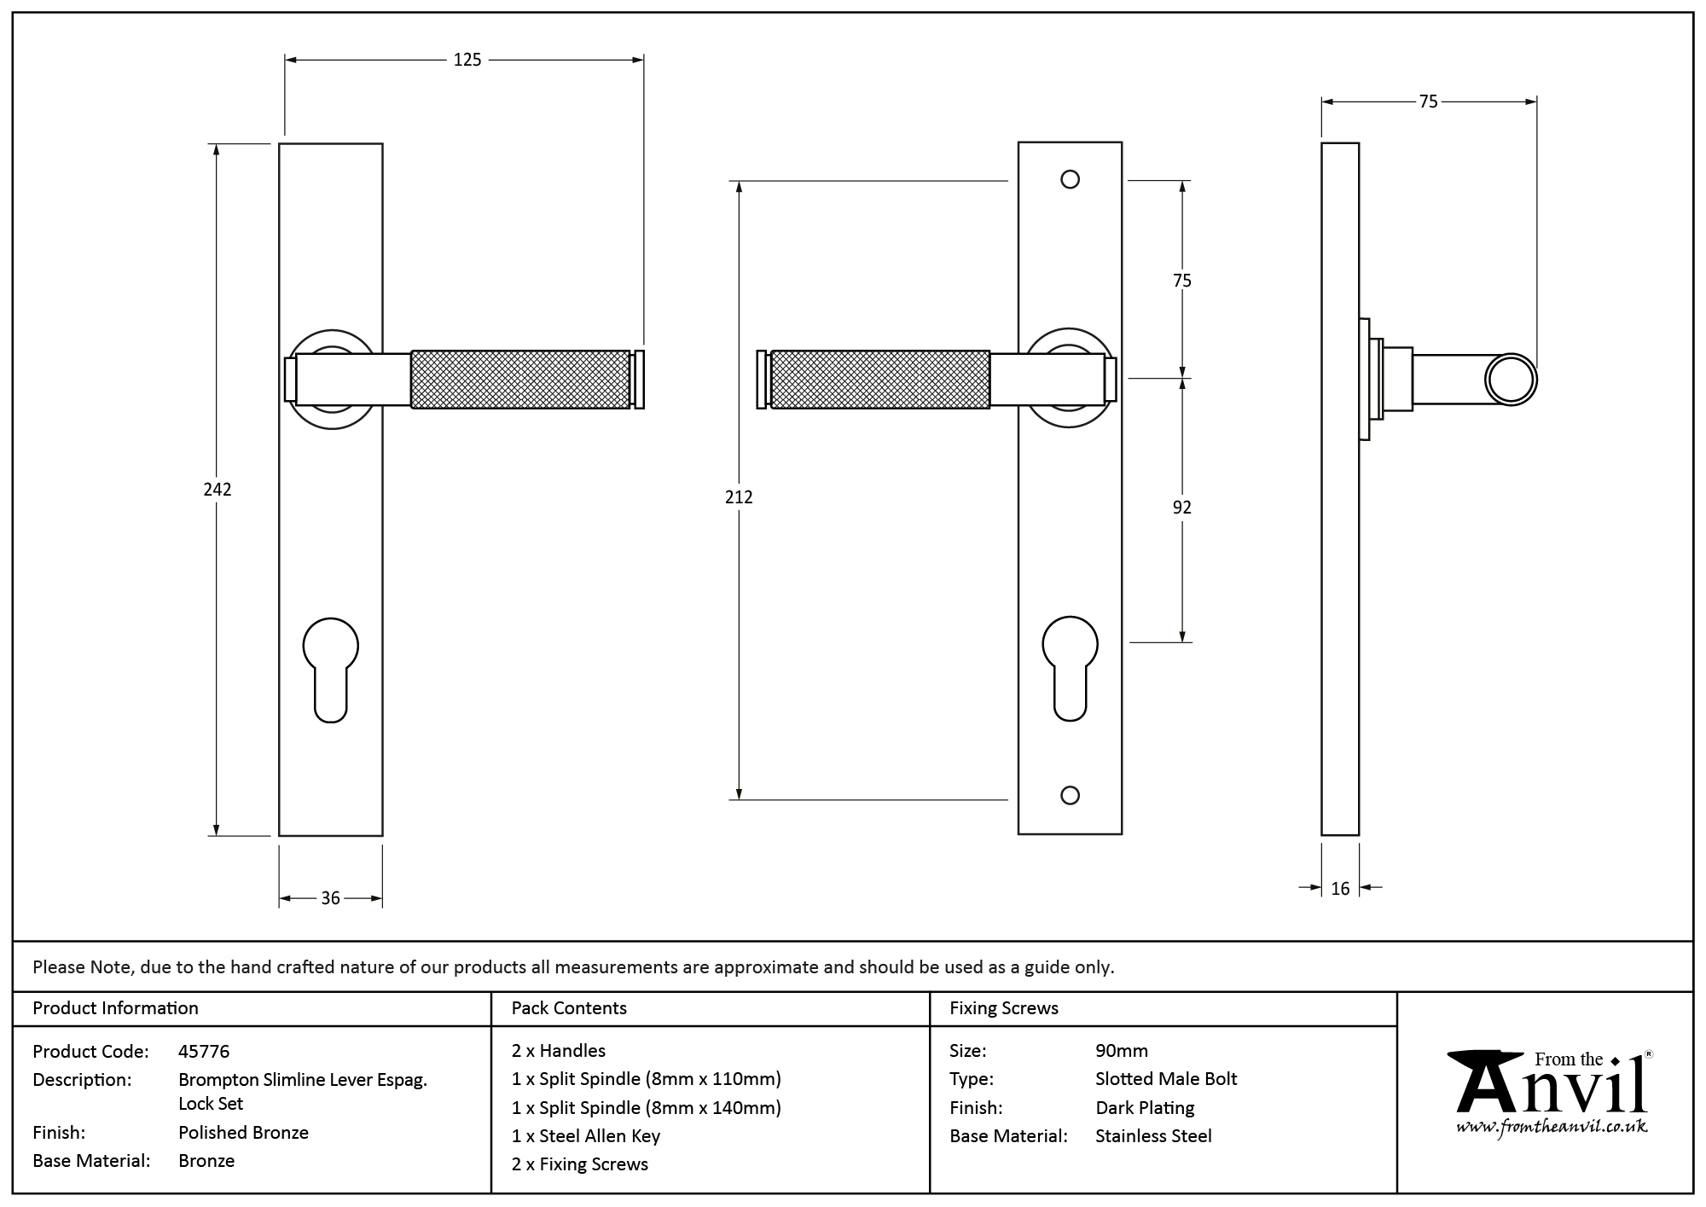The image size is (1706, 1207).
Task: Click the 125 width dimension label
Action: tap(467, 60)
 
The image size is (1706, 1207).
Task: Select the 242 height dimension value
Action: tap(218, 490)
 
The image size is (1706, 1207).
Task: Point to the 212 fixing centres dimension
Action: tap(739, 496)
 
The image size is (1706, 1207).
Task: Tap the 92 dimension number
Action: tap(1181, 508)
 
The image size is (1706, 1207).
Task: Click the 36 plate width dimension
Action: tap(330, 898)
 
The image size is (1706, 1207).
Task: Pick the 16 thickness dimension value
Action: tap(1340, 889)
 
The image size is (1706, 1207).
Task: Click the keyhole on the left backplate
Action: tap(331, 669)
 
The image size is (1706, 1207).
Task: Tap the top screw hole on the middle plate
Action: tap(1070, 179)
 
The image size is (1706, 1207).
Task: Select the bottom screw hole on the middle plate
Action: tap(1070, 795)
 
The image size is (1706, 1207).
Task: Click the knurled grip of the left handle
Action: tap(520, 379)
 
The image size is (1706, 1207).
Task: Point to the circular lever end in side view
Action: tap(1511, 379)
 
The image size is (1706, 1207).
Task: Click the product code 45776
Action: tap(204, 1052)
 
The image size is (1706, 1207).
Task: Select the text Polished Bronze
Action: tap(243, 1133)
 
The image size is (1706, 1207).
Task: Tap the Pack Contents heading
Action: tap(569, 1008)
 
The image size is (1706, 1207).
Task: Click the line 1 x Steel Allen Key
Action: tap(586, 1136)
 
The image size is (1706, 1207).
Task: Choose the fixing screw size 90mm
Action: tap(1121, 1051)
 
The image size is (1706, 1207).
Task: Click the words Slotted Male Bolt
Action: tap(1166, 1079)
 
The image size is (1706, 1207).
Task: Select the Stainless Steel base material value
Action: tap(1153, 1136)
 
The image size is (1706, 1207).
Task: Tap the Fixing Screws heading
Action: tap(1003, 1008)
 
